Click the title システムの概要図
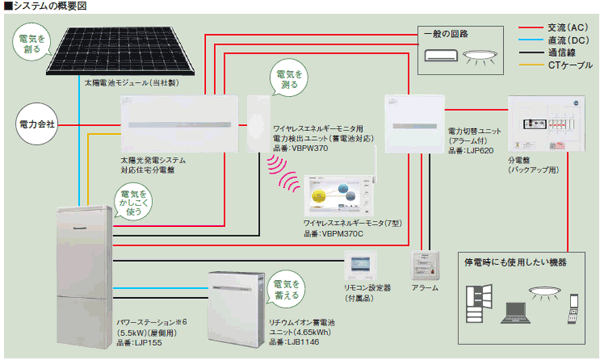[51, 8]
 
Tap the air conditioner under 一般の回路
[441, 57]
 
